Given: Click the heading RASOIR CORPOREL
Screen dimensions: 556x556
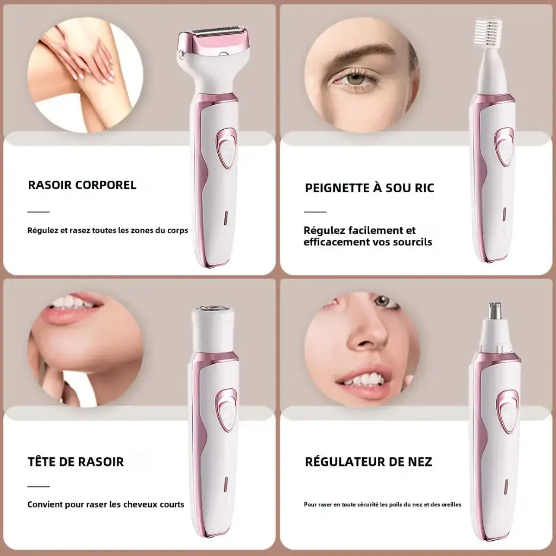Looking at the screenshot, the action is coord(82,185).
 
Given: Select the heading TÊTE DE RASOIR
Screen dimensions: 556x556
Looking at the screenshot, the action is coord(75,462).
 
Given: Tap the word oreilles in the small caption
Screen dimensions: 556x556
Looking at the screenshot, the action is coord(450,504).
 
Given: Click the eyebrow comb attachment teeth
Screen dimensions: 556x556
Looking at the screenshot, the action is coord(488,28).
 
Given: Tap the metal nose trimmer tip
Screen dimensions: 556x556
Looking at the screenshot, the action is coord(494,311).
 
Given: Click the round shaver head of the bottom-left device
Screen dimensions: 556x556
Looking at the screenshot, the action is coord(213,309).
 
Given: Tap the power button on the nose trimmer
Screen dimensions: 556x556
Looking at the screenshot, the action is coord(507,412).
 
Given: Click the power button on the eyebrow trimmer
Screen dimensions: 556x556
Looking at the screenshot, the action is coord(504,147).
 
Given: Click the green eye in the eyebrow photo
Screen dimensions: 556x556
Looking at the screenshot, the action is coord(356,78).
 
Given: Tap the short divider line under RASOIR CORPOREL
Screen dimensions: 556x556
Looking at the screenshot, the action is coord(39,212).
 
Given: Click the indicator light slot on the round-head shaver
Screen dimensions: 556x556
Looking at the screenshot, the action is coord(225,484).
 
